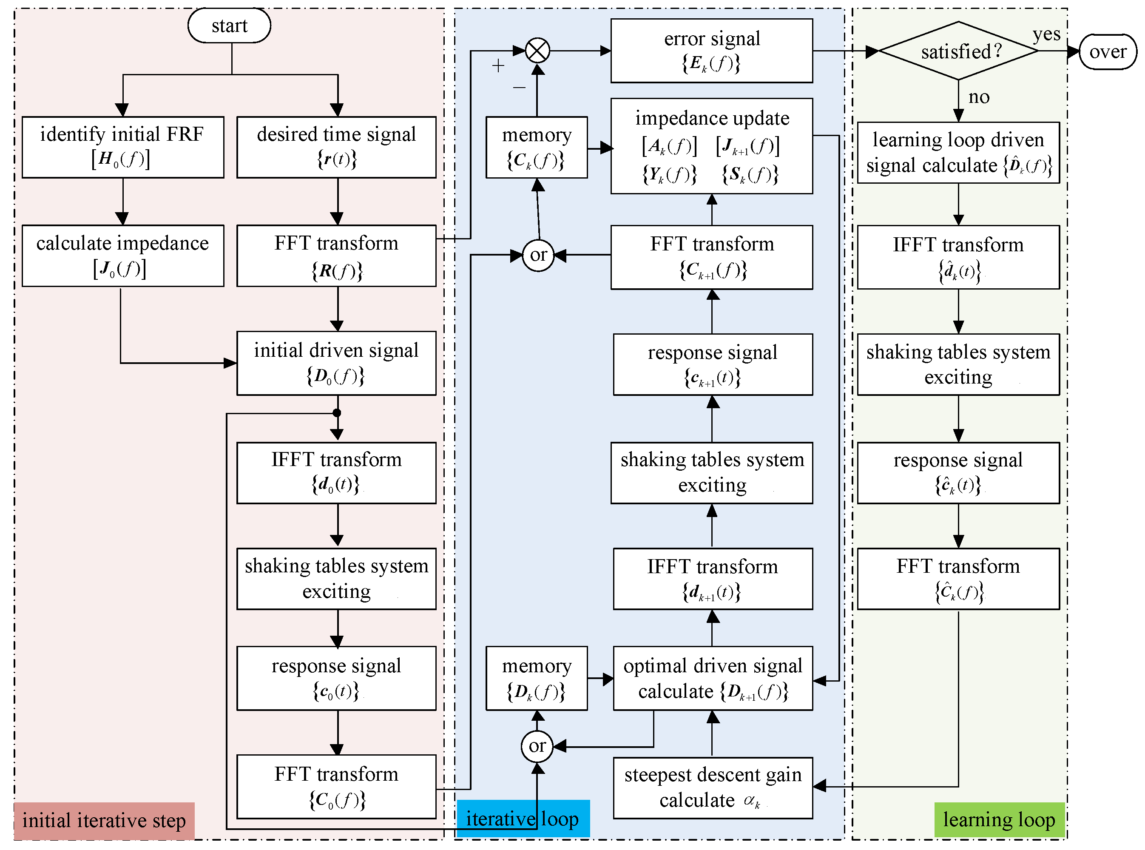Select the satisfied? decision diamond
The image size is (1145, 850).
point(958,51)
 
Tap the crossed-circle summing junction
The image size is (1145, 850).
point(537,51)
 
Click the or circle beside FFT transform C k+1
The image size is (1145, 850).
point(538,255)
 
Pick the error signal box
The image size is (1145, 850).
point(711,51)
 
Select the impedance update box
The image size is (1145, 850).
point(711,146)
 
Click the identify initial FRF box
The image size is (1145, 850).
point(122,147)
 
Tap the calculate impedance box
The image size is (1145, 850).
point(122,256)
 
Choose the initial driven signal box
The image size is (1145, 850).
point(336,363)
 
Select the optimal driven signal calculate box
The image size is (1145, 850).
point(713,679)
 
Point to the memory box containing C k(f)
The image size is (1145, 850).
point(537,147)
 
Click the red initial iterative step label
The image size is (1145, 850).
point(104,821)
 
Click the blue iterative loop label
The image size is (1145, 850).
point(523,819)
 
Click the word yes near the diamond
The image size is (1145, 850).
point(1046,34)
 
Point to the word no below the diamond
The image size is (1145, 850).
point(978,97)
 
